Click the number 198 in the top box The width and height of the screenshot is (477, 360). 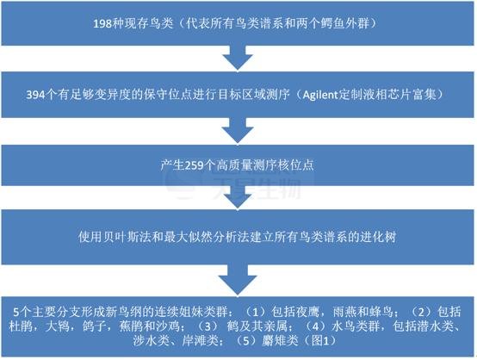pos(102,24)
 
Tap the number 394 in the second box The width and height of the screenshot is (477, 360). pos(35,95)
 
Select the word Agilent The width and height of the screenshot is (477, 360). pos(320,95)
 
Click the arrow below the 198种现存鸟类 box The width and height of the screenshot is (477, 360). pos(238,58)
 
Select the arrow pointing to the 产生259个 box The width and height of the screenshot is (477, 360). pos(238,130)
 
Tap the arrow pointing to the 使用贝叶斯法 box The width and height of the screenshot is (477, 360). pos(238,197)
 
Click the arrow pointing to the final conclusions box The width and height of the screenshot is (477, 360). pos(238,280)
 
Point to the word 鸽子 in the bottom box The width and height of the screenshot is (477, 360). pos(94,326)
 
